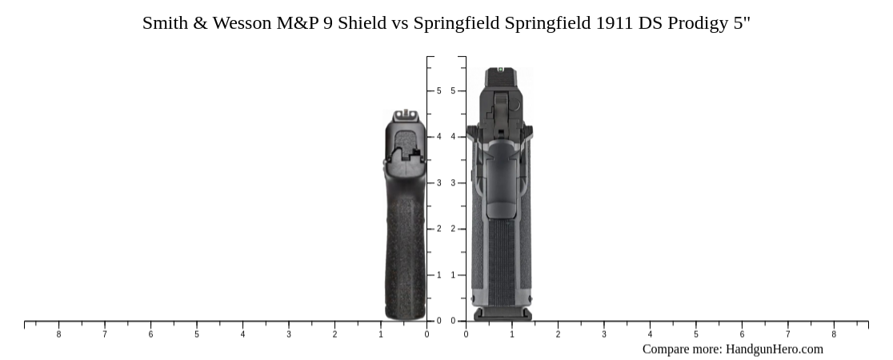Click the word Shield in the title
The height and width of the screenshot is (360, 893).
pyautogui.click(x=362, y=23)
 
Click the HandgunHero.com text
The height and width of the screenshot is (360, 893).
pyautogui.click(x=774, y=349)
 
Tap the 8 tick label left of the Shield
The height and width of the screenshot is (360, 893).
pyautogui.click(x=58, y=334)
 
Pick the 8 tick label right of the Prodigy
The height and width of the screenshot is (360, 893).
pyautogui.click(x=834, y=334)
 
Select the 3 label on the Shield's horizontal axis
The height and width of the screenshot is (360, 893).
pyautogui.click(x=289, y=334)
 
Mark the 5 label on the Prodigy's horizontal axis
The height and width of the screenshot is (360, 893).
pyautogui.click(x=696, y=334)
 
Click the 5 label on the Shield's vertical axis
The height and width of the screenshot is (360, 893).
pyautogui.click(x=438, y=91)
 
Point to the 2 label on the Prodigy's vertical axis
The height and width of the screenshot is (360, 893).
pyautogui.click(x=453, y=229)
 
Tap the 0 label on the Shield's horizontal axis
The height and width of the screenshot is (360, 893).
pyautogui.click(x=426, y=334)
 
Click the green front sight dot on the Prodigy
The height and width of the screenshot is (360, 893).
pyautogui.click(x=501, y=70)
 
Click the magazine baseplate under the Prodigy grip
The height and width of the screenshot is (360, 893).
pyautogui.click(x=503, y=314)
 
